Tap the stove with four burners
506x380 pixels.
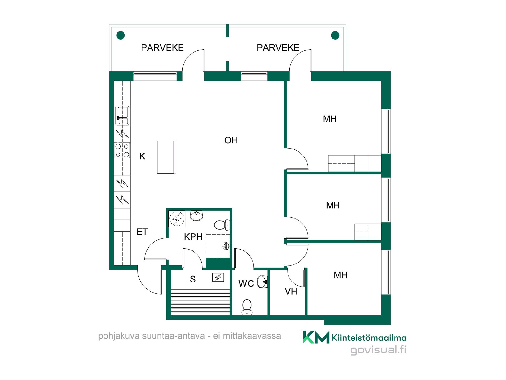click(x=122, y=150)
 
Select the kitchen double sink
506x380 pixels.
click(x=122, y=116)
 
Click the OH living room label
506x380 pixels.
click(x=231, y=140)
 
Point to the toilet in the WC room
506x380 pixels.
click(x=247, y=307)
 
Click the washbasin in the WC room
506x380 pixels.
click(x=262, y=282)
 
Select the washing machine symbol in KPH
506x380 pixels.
click(x=177, y=218)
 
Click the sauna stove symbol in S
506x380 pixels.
click(x=218, y=277)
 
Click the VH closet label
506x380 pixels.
click(x=291, y=292)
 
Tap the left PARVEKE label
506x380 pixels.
click(x=162, y=48)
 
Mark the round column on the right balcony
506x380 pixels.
click(x=335, y=35)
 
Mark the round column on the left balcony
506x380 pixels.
click(x=120, y=35)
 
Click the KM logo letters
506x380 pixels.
click(x=316, y=337)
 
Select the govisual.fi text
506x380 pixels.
click(x=378, y=350)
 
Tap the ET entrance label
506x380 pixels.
click(x=142, y=232)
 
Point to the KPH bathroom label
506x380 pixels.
click(x=193, y=237)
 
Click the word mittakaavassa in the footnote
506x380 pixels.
click(x=252, y=336)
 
